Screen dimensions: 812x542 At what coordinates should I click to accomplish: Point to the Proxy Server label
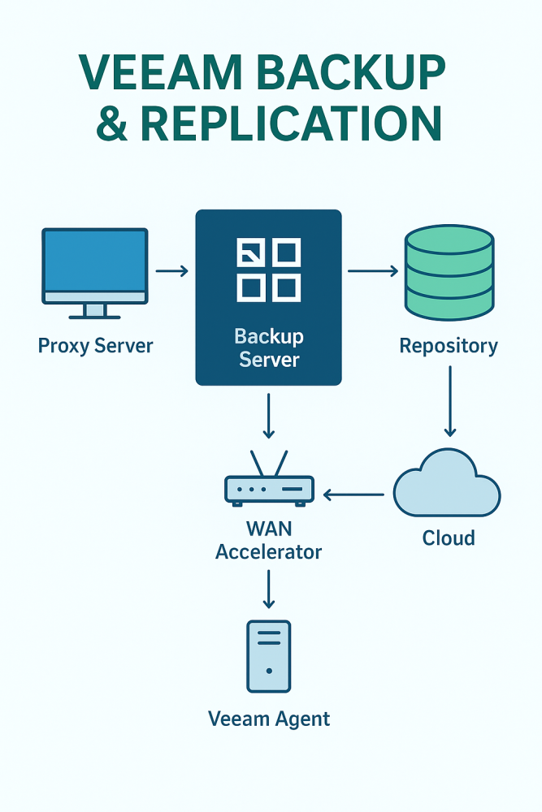coord(95,346)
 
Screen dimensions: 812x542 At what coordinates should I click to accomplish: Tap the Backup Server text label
coord(268,348)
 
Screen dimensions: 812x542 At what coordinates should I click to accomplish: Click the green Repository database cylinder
coord(449,271)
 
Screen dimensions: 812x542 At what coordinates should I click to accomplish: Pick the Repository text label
coord(449,347)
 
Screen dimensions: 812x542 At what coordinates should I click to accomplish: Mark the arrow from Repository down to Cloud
coord(449,402)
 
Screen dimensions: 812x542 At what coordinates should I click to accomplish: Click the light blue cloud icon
coord(447,486)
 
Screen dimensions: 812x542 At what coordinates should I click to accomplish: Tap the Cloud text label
coord(449,538)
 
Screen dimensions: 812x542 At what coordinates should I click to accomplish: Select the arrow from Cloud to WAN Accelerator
coord(353,494)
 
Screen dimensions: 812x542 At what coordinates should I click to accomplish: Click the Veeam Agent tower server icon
coord(268,656)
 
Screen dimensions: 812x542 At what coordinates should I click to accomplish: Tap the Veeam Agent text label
coord(269,719)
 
